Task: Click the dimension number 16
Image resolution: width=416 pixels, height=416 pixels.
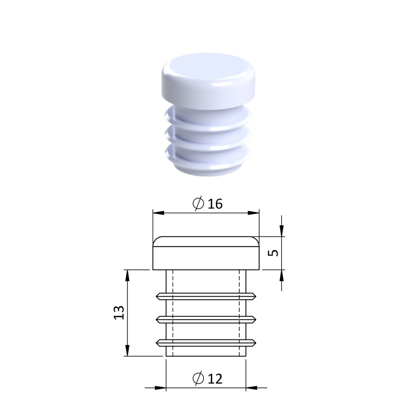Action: click(215, 204)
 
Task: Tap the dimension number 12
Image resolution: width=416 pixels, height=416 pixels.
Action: click(215, 379)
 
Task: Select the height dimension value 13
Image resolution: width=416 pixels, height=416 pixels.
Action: click(119, 312)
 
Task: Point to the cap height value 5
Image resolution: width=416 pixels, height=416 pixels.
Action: click(274, 253)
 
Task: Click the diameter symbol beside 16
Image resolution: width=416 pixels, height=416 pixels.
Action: click(198, 204)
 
